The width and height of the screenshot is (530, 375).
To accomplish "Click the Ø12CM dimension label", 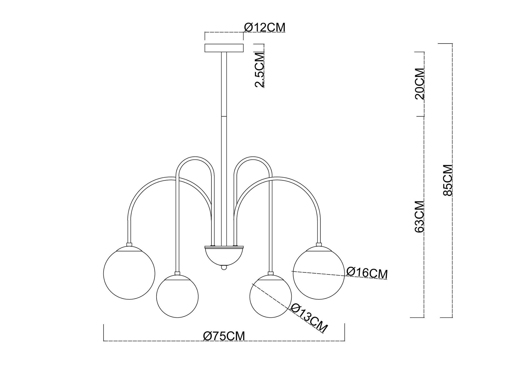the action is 264,27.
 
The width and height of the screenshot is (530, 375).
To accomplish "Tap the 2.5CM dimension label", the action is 260,70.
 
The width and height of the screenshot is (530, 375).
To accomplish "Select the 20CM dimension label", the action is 419,84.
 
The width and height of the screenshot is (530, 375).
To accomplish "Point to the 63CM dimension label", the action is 419,216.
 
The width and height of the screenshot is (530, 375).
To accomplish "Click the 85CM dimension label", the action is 448,180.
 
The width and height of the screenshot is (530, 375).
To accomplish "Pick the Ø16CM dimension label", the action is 367,273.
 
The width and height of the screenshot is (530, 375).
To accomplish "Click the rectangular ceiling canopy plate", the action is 224,48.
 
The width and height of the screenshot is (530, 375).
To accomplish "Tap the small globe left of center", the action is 177,296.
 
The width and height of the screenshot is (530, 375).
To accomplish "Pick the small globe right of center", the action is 270,296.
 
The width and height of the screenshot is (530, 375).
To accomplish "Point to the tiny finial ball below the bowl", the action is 224,267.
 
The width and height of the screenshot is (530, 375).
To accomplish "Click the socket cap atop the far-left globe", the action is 129,244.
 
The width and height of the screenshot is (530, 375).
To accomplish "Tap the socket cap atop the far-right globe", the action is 319,244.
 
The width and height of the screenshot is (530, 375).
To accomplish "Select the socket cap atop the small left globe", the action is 177,273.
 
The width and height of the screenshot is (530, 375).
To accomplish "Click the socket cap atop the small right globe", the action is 270,273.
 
